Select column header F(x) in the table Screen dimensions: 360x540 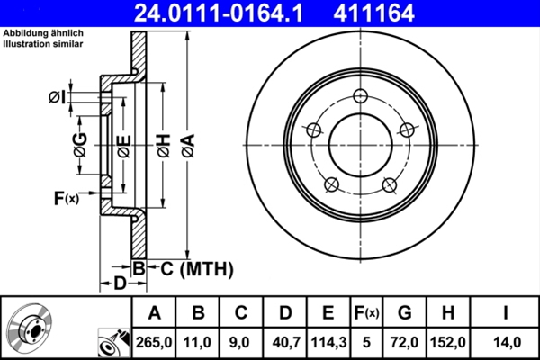[x=365, y=312]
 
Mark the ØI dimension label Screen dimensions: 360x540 [x=58, y=96]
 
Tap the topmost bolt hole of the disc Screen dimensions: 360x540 [x=361, y=97]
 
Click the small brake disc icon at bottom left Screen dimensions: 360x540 [x=31, y=329]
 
